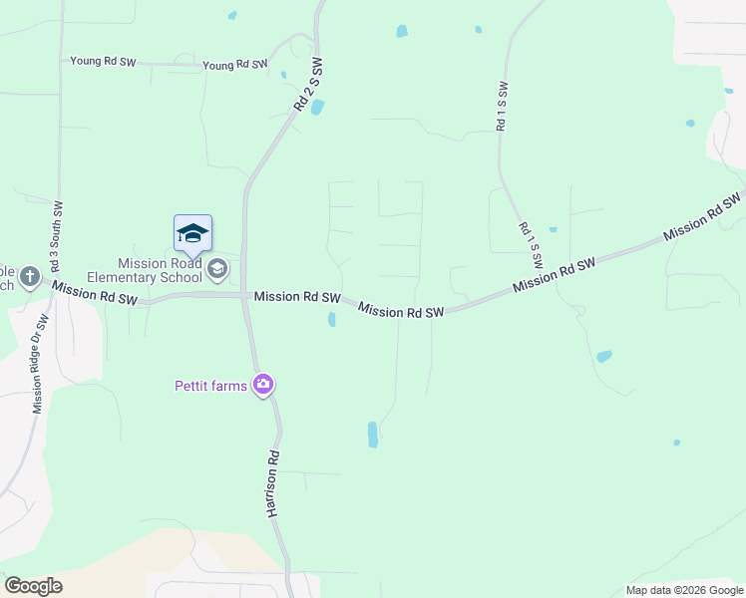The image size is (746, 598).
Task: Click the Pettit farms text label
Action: (210, 386)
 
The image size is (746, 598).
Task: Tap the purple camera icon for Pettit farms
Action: (263, 384)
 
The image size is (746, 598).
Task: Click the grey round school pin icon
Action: (216, 268)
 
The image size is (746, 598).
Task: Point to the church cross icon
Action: (30, 275)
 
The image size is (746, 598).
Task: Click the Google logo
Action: (33, 586)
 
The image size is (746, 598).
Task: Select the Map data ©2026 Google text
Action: (684, 590)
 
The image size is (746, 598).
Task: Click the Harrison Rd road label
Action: (270, 483)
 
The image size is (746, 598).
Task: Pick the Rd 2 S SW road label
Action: (309, 85)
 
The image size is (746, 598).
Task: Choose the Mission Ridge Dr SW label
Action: (40, 365)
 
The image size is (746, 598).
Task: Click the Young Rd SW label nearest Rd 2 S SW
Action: (235, 65)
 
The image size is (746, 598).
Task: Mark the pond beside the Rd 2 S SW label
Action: (317, 107)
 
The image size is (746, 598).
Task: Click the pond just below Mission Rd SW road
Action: (331, 319)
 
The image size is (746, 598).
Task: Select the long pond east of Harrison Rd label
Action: (372, 434)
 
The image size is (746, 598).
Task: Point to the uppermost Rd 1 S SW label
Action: (502, 106)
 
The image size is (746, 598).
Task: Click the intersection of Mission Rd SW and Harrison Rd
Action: (245, 295)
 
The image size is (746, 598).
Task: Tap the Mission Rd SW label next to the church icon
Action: (94, 293)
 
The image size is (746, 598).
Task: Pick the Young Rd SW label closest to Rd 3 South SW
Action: (103, 61)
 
